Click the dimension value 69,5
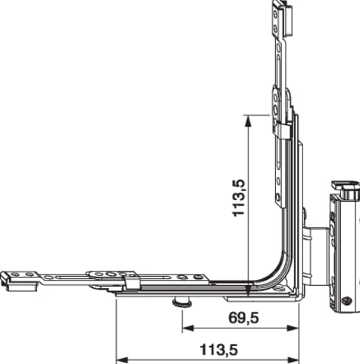click(244, 318)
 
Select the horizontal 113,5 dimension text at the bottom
click(219, 350)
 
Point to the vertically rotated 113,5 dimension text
click(239, 198)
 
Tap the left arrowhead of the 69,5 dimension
click(188, 328)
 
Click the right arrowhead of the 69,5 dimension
click(293, 328)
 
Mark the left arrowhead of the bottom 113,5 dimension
click(121, 359)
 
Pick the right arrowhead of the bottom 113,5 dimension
click(293, 359)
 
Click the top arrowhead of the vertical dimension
click(249, 121)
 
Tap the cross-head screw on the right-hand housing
click(346, 301)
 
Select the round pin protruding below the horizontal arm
click(181, 302)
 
